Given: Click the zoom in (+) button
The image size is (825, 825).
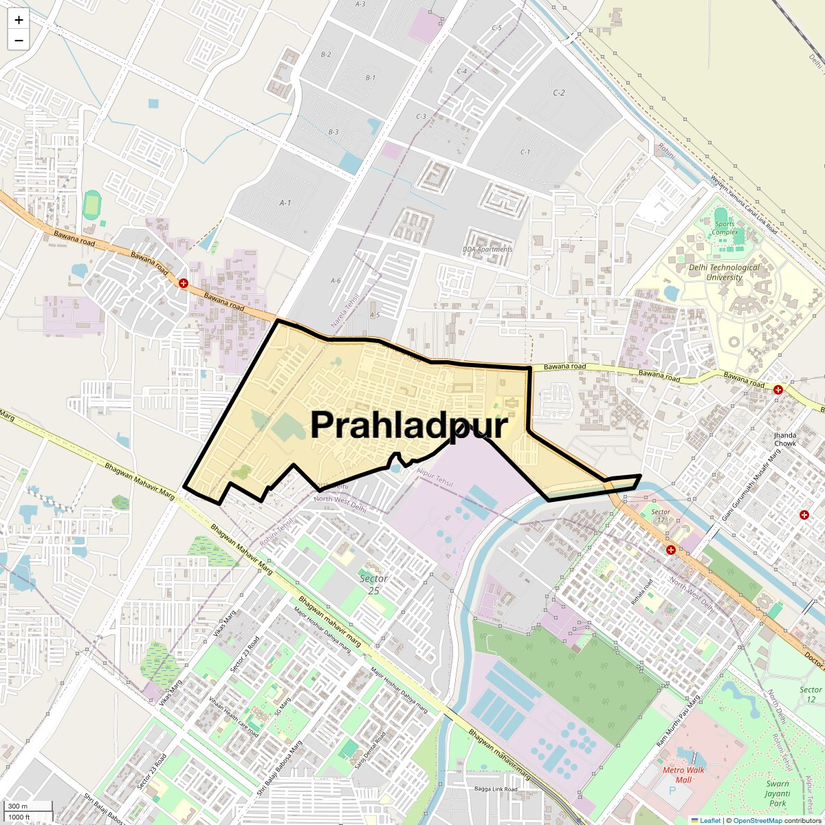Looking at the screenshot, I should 19,20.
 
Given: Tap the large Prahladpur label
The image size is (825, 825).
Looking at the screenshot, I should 408,425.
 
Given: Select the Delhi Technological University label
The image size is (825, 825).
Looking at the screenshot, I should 724,272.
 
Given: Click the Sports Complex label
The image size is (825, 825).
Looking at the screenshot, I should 725,228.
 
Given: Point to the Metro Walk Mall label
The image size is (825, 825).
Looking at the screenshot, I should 683,775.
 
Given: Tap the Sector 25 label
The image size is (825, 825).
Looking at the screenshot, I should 373,584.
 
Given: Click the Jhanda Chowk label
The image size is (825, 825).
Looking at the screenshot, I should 784,439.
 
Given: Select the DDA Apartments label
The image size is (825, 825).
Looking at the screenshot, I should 487,250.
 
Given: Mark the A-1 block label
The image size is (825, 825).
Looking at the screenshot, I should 285,203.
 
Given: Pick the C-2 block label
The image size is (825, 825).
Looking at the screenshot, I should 558,93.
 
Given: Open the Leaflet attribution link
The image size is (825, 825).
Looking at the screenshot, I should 709,820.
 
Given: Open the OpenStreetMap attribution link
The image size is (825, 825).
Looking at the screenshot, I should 757,820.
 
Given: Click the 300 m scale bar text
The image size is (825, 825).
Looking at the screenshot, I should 19,806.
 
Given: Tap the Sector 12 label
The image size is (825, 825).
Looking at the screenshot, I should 810,694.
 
